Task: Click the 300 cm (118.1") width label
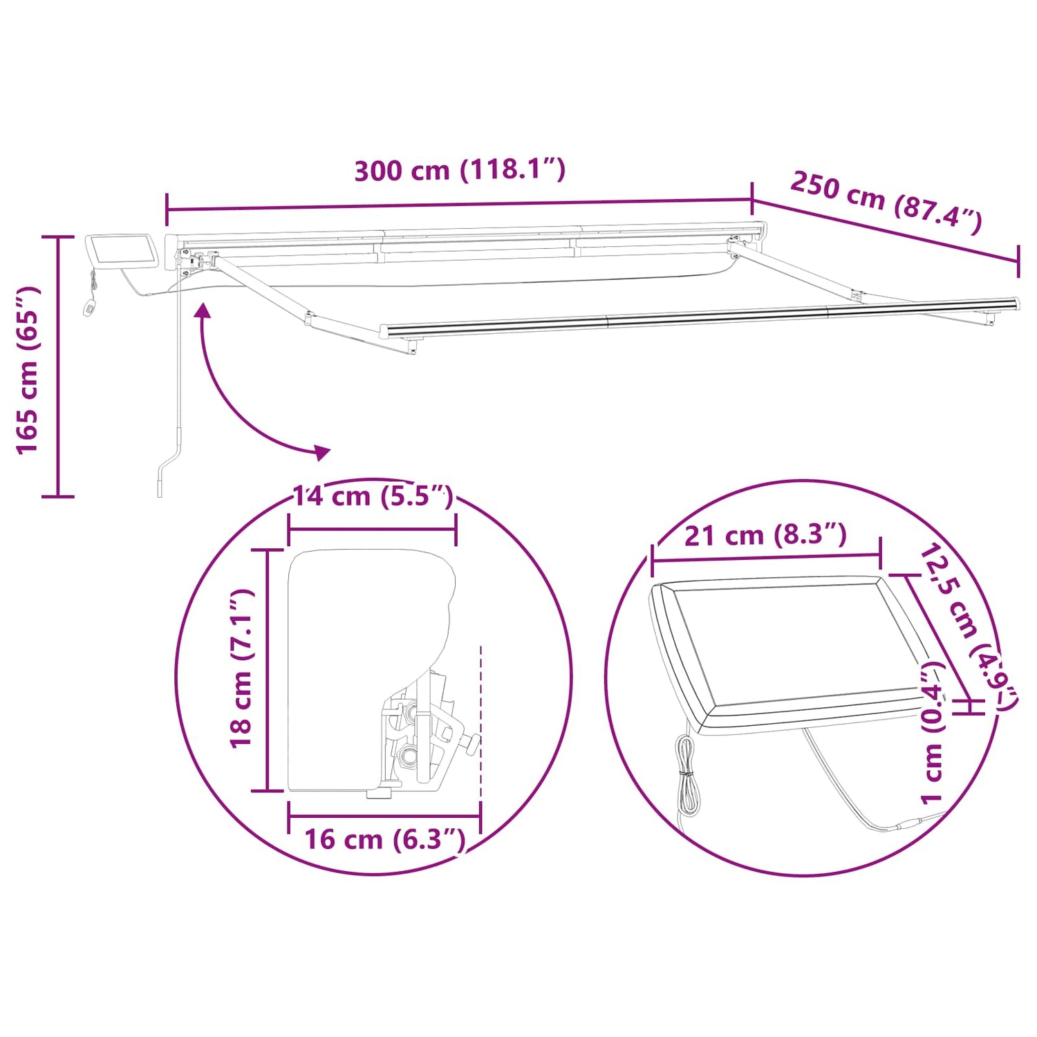click(x=460, y=169)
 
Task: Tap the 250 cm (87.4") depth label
click(x=886, y=202)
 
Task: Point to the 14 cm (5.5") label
click(x=373, y=496)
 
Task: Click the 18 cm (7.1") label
click(x=243, y=669)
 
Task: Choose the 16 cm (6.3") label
click(x=385, y=839)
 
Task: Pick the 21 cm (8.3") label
click(x=765, y=534)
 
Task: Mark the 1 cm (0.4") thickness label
click(x=933, y=733)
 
